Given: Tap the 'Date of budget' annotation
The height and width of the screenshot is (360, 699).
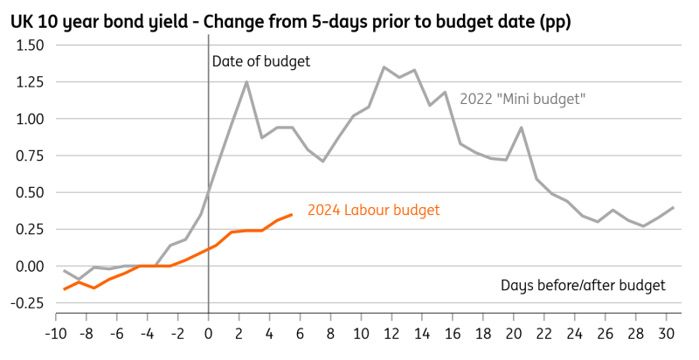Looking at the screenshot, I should (x=261, y=61).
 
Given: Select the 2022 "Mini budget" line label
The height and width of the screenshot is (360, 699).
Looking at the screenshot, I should (x=522, y=99).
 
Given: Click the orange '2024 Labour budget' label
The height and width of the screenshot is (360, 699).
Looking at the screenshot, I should (x=374, y=210).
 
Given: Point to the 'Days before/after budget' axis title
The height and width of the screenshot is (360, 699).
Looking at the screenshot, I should (x=583, y=285).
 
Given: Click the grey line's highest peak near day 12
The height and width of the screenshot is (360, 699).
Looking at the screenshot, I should (x=384, y=66).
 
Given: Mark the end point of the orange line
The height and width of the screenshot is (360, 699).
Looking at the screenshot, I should (x=293, y=214).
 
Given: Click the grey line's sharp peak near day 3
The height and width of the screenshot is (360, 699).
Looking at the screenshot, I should (x=246, y=82).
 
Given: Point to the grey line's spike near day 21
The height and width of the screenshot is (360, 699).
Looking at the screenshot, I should (x=522, y=128).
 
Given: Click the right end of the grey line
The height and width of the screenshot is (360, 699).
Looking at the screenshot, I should (x=675, y=207).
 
